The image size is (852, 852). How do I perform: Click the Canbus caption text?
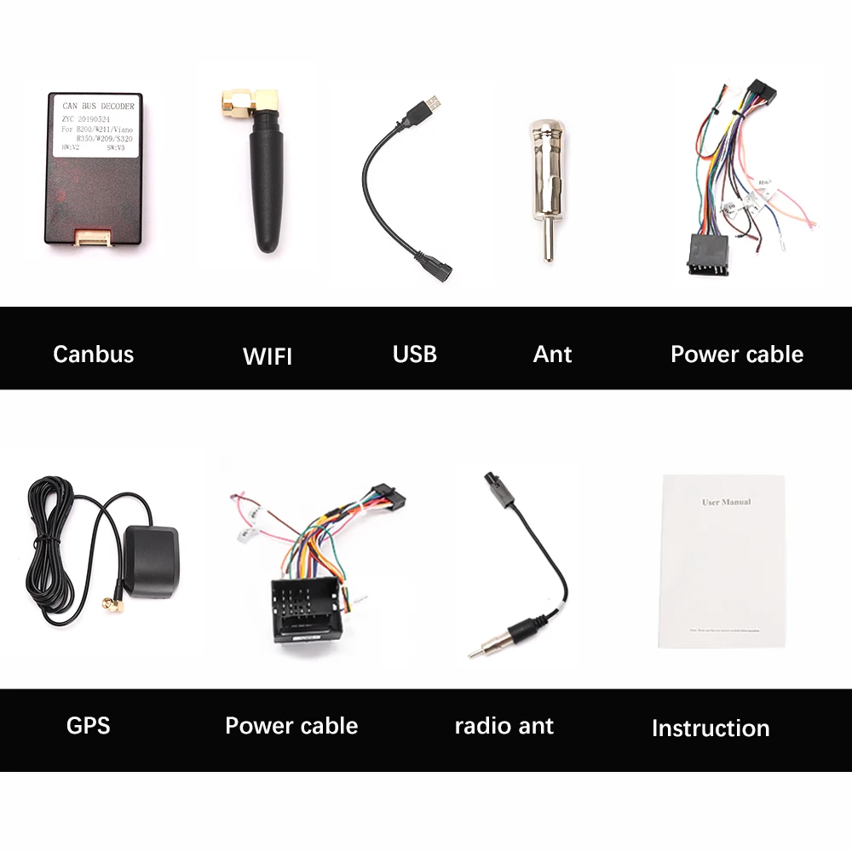click(x=93, y=354)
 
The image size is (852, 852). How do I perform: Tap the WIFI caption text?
click(x=267, y=356)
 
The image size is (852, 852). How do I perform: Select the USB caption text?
click(x=415, y=354)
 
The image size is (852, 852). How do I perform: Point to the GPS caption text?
click(x=88, y=726)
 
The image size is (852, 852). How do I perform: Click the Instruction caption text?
click(x=710, y=728)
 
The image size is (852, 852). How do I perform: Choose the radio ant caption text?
click(x=504, y=726)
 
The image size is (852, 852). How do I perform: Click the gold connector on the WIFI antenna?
click(x=246, y=106)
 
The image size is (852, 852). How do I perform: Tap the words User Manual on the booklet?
click(x=726, y=502)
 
